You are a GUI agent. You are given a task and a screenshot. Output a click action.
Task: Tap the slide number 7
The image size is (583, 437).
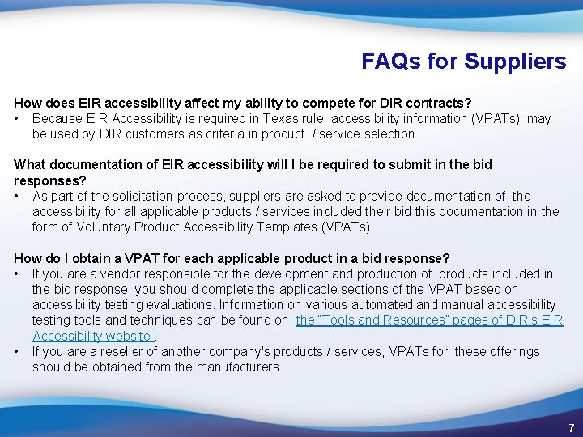[571, 426]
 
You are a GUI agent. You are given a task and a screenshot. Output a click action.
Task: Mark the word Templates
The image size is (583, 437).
[289, 227]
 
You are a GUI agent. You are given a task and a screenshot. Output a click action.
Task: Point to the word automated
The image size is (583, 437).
[420, 305]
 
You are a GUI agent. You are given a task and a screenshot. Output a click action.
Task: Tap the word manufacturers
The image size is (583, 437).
[240, 367]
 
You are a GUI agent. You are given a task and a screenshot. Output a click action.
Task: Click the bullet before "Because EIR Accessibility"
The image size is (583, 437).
[17, 119]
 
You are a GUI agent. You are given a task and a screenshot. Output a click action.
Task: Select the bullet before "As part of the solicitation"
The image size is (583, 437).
[17, 197]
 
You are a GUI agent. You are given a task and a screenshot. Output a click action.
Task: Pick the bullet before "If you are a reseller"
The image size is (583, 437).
[17, 352]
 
